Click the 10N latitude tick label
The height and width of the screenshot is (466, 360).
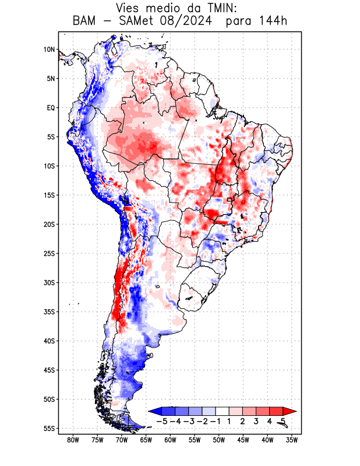tap(49, 50)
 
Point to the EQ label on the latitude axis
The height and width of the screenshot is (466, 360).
tap(50, 108)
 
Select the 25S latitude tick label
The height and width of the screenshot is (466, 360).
tap(49, 253)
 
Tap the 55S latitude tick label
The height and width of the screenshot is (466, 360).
tap(49, 429)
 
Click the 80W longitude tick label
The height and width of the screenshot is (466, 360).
tap(73, 440)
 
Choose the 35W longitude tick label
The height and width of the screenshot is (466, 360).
tap(292, 440)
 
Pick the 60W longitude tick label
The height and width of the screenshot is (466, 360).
tap(171, 440)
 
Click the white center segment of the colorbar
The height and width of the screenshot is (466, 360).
tap(222, 411)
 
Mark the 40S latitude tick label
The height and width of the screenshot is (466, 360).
tap(49, 341)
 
